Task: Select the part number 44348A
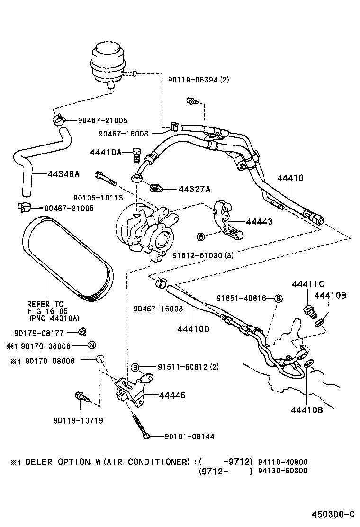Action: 63,174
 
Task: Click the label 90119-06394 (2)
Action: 198,80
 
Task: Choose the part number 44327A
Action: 194,189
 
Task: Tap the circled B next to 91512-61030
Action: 200,236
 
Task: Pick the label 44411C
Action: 308,284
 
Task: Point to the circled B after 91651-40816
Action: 279,298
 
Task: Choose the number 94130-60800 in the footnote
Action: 283,471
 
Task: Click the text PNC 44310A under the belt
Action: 54,318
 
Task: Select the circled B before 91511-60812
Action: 135,367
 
